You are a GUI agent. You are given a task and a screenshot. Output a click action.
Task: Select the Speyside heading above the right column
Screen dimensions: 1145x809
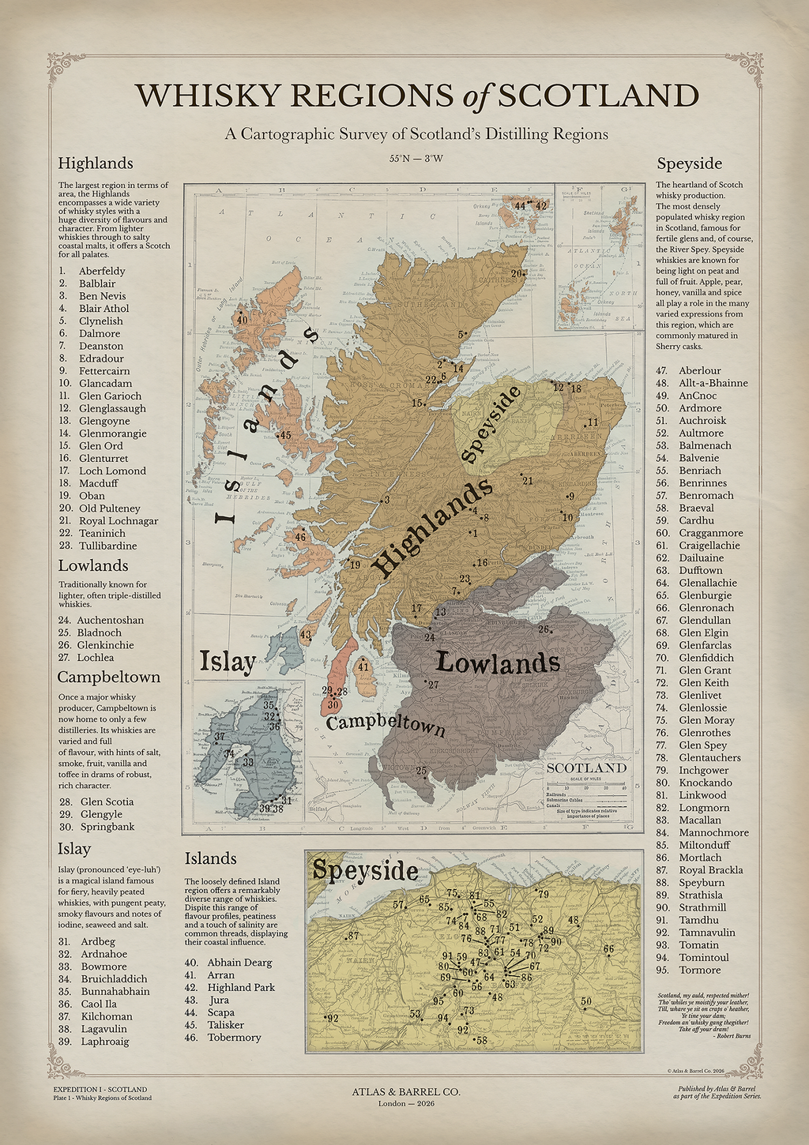point(689,163)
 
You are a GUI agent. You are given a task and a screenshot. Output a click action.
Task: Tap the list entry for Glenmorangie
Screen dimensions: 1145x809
point(112,434)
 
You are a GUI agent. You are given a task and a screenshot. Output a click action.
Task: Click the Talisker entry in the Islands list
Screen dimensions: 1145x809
point(225,1025)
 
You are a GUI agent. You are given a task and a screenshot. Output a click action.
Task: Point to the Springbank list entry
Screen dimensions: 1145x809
point(107,827)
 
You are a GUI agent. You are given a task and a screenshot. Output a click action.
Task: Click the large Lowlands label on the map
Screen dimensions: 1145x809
point(498,663)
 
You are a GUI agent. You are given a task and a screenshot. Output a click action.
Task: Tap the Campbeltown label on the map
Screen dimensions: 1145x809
point(386,724)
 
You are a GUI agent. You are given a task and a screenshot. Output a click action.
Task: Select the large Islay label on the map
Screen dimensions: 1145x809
point(228,662)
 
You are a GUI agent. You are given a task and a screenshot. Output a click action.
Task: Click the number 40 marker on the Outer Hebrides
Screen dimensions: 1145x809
point(242,320)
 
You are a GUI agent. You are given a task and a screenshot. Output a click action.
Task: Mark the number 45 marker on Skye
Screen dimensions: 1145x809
point(285,435)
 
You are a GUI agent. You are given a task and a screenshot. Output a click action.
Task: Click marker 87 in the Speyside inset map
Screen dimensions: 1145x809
point(353,936)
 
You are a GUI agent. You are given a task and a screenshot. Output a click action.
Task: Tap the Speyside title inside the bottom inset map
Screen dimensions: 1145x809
point(364,870)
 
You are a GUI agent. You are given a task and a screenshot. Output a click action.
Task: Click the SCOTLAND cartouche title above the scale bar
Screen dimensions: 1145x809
point(586,768)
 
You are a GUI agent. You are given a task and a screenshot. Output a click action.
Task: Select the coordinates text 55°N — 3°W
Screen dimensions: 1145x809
point(416,158)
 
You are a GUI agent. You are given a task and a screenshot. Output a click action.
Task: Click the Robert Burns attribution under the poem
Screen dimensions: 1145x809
point(724,1035)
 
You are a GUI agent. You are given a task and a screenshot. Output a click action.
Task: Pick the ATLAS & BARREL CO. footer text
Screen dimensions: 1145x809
point(406,1091)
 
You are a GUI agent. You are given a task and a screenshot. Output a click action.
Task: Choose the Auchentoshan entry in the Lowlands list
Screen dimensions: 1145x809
point(110,620)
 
